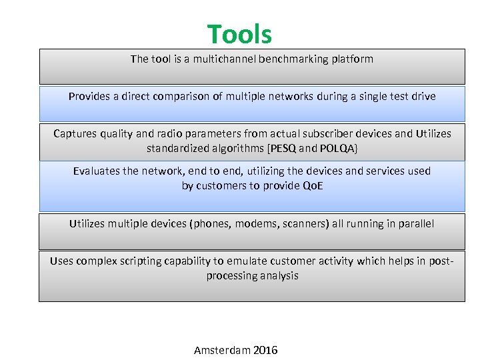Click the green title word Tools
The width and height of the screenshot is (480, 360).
tap(239, 34)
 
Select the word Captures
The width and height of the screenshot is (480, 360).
tap(76, 133)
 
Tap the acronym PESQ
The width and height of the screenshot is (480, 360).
tap(283, 148)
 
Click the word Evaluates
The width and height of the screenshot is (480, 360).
tap(97, 171)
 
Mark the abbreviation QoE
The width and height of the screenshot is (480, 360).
tap(313, 185)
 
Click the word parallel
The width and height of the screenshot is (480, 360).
tap(413, 223)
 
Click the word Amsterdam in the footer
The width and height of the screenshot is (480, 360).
tap(222, 350)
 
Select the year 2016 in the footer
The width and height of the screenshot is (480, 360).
tap(265, 350)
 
